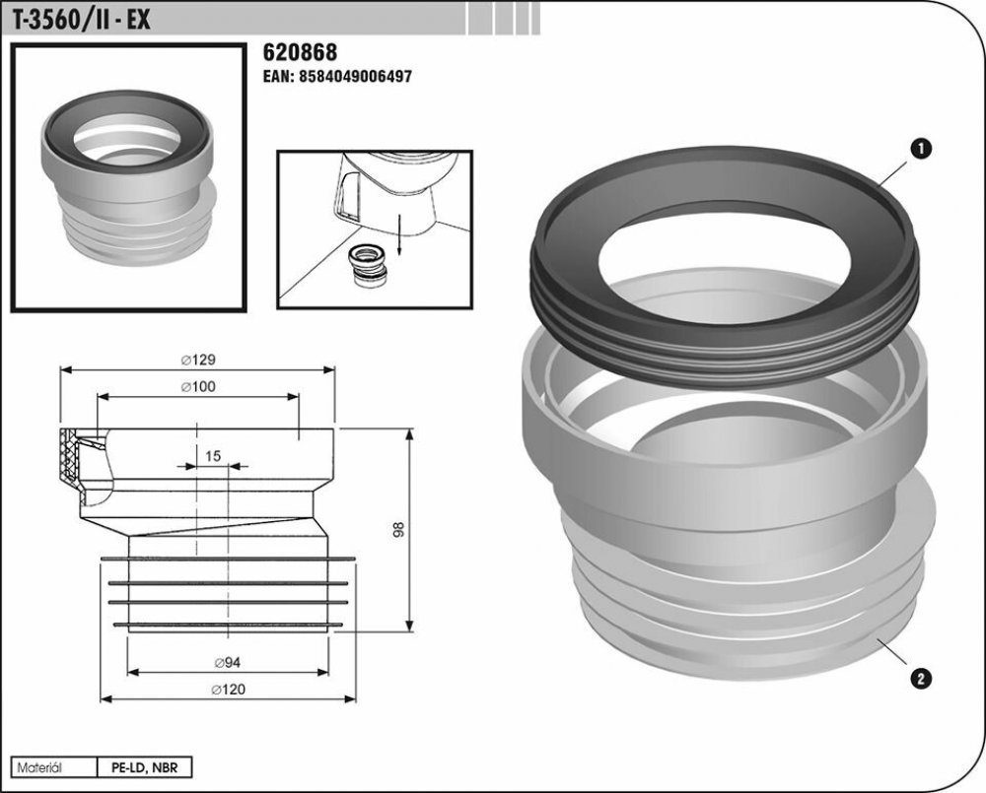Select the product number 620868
coord(300,52)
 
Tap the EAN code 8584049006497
coord(337,77)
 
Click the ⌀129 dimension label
coord(198,361)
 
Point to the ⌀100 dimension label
coord(198,387)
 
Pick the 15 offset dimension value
coord(213,455)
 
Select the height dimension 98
coord(398,530)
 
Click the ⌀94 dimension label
coord(228,662)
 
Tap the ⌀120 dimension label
coord(228,690)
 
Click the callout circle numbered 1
coord(921,149)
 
